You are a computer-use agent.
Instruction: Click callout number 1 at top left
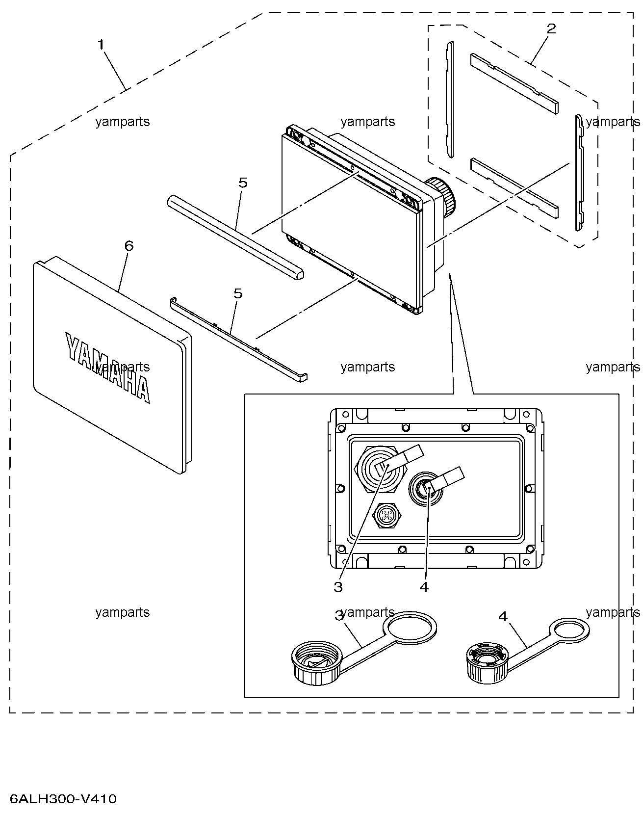pyautogui.click(x=101, y=45)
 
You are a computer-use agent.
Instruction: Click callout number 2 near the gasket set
pyautogui.click(x=551, y=28)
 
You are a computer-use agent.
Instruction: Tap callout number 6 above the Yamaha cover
pyautogui.click(x=129, y=246)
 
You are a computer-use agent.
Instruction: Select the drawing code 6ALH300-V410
pyautogui.click(x=63, y=799)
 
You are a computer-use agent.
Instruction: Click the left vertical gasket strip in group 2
pyautogui.click(x=450, y=99)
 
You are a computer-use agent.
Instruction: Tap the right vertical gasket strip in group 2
pyautogui.click(x=580, y=172)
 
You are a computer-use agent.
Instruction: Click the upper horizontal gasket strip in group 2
pyautogui.click(x=514, y=81)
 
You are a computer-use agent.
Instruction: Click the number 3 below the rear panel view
pyautogui.click(x=338, y=586)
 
